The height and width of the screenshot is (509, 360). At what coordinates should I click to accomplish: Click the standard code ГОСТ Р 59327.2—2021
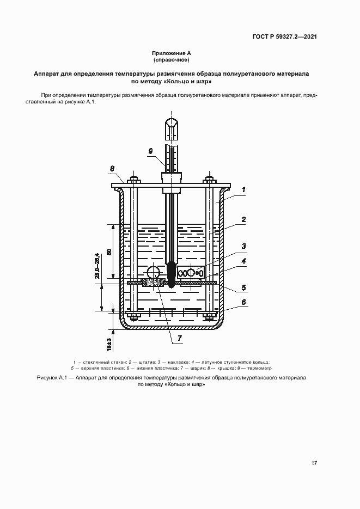click(x=284, y=37)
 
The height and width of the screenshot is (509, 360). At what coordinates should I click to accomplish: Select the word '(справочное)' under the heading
click(x=171, y=60)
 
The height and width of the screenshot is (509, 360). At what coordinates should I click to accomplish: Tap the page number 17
click(x=314, y=463)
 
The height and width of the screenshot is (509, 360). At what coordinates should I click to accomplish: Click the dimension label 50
click(x=109, y=252)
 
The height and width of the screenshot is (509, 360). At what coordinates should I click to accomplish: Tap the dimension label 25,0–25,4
click(x=96, y=266)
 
